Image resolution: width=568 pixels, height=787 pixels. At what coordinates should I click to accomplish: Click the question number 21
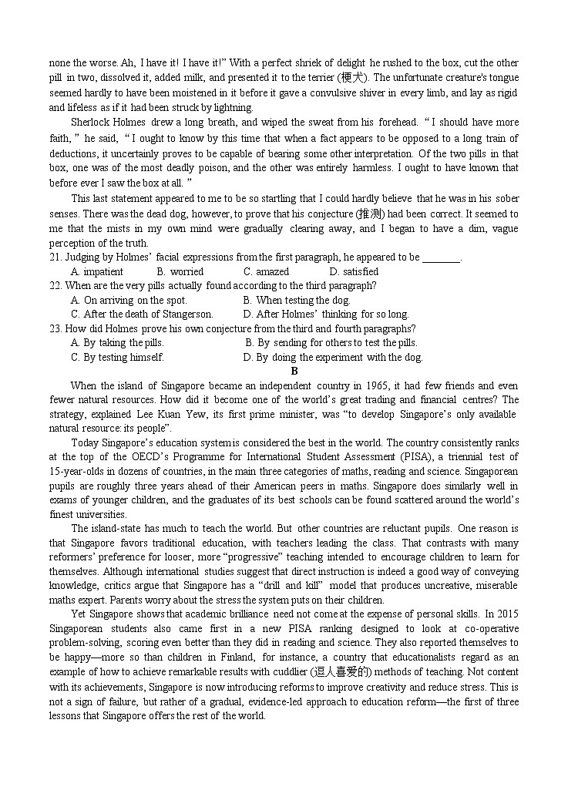(55, 257)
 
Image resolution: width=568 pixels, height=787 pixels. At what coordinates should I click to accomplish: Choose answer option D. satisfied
(354, 271)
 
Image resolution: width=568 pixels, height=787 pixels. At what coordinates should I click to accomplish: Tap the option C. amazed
(266, 271)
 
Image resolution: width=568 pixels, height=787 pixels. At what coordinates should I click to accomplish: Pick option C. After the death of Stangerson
(142, 314)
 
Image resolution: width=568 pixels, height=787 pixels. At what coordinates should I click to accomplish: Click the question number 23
(55, 328)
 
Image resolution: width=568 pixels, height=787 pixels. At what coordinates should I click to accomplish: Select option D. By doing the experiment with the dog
(333, 357)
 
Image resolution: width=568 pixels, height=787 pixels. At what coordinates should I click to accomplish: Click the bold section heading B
(294, 371)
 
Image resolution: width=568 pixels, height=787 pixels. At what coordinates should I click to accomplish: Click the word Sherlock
(89, 123)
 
